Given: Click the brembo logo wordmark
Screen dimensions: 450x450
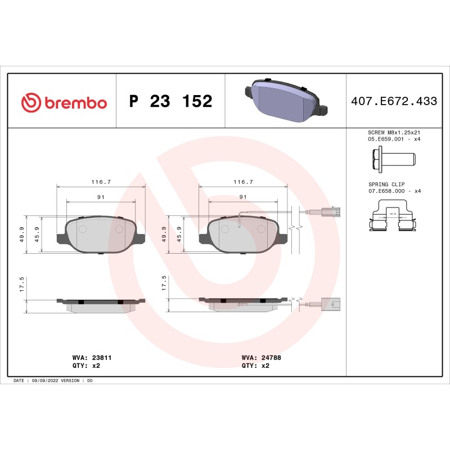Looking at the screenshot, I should [x=64, y=102].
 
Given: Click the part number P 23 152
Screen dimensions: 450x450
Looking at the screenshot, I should [x=170, y=102].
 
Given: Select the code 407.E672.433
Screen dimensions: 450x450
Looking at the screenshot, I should [x=394, y=102].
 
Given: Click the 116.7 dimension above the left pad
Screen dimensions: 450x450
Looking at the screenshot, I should [x=101, y=182].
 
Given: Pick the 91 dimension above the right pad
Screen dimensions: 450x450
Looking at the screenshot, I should [x=243, y=197].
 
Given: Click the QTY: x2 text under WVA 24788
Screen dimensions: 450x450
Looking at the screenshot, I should [x=255, y=365].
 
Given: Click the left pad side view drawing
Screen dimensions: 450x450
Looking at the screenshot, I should [x=101, y=304].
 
